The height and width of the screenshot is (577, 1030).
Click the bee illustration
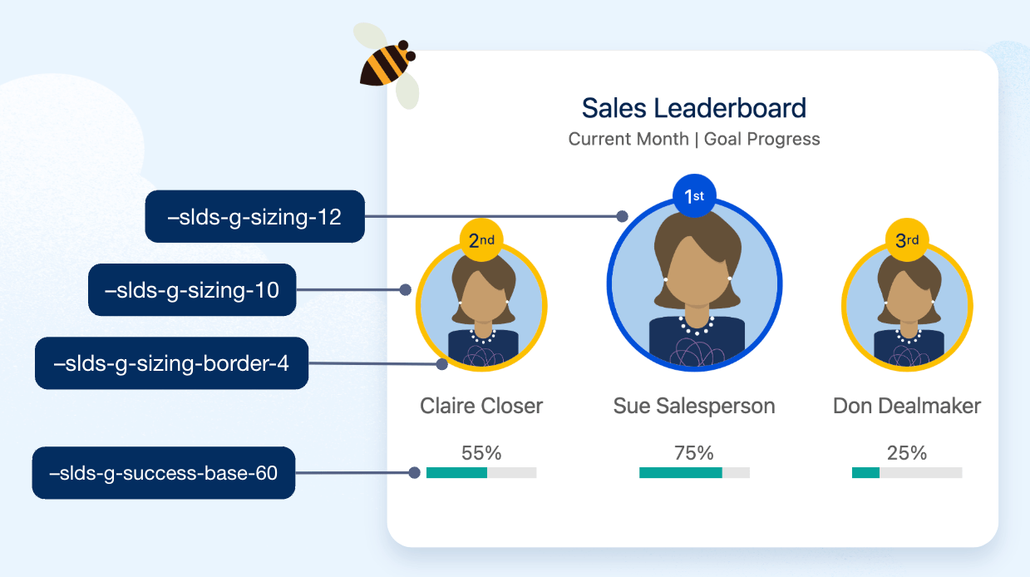[386, 65]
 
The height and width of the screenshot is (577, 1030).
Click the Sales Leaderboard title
[693, 108]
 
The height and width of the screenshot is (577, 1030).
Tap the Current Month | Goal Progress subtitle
[693, 139]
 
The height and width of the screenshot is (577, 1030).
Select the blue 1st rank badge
[693, 196]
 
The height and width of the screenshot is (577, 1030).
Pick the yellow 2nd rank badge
[481, 241]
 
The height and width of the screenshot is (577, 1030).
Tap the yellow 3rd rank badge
[906, 241]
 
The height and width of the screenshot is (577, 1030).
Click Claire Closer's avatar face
[481, 299]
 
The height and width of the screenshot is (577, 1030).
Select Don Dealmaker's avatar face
[906, 299]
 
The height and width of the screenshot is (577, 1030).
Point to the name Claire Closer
[481, 406]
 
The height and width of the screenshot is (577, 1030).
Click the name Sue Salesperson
[693, 406]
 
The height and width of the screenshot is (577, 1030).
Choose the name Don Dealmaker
[906, 406]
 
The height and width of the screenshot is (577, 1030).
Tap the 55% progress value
[481, 453]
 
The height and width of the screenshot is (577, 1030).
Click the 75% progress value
[693, 453]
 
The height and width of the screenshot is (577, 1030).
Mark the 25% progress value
[906, 453]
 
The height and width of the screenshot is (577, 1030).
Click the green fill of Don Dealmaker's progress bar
[865, 473]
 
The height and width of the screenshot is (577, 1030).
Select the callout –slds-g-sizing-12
[254, 217]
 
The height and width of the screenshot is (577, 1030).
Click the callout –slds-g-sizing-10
[192, 290]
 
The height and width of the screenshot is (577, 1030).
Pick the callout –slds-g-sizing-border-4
[171, 362]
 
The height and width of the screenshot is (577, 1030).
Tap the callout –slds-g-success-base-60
[164, 473]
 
